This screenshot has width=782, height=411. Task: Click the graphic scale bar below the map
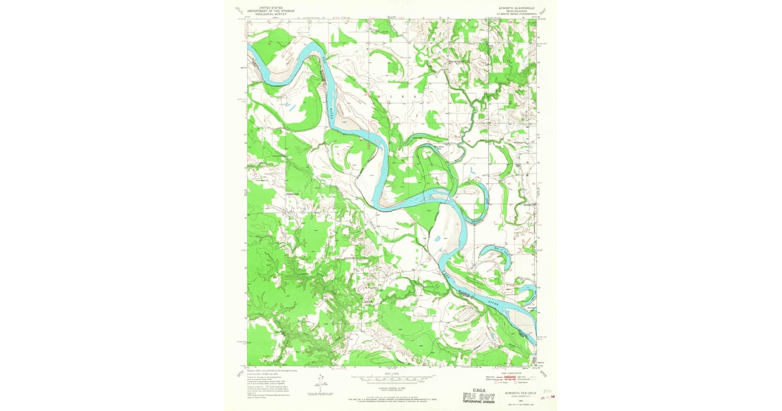pyautogui.click(x=391, y=378)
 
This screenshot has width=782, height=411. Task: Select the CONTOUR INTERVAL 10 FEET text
pyautogui.click(x=391, y=387)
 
